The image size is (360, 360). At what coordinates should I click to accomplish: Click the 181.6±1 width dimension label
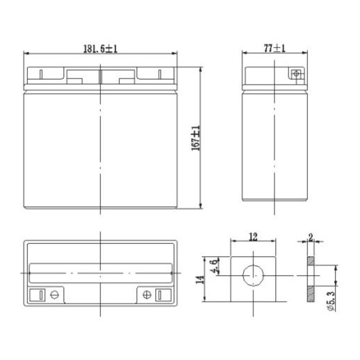[x=101, y=48]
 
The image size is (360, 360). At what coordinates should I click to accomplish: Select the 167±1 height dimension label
[x=196, y=138]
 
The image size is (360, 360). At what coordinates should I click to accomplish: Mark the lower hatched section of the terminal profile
[x=311, y=293]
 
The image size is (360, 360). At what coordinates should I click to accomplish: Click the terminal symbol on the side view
[x=295, y=74]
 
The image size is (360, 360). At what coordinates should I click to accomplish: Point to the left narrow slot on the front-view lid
[x=41, y=73]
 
